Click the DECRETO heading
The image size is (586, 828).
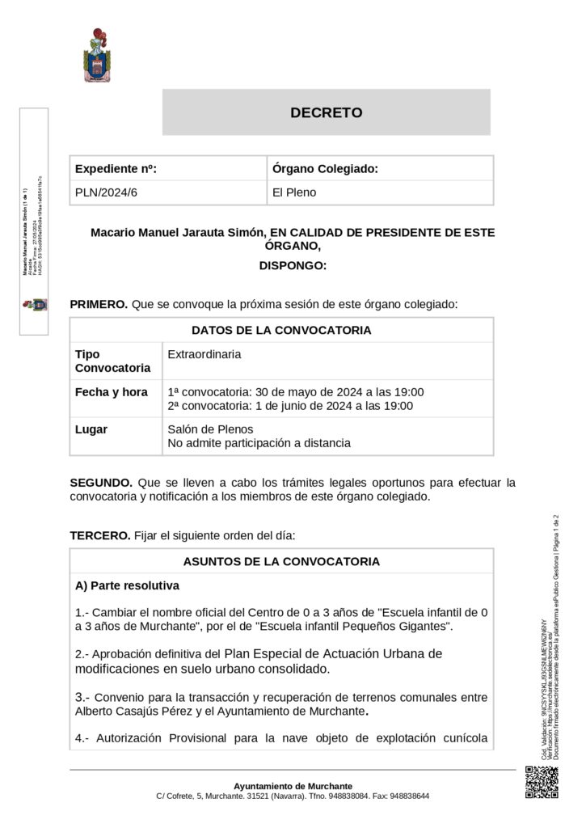[x=326, y=113]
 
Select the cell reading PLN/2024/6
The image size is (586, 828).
[x=106, y=192]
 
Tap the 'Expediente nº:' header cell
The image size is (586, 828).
[x=116, y=169]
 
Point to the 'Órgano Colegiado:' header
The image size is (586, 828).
[x=325, y=169]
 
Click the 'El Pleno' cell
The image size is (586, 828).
[x=294, y=192]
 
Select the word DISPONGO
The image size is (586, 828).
[x=293, y=265]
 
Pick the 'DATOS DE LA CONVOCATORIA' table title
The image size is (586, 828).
[x=281, y=330]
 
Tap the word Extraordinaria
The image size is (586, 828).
[x=204, y=354]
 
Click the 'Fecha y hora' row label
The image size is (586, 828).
[x=112, y=392]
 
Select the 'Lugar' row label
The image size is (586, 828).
[x=91, y=429]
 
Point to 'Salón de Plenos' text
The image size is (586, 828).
[x=210, y=429]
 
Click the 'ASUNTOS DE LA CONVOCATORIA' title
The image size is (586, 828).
[x=281, y=560]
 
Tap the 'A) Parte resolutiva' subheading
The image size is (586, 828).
[x=127, y=585]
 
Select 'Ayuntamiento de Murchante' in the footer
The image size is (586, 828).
[x=293, y=786]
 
